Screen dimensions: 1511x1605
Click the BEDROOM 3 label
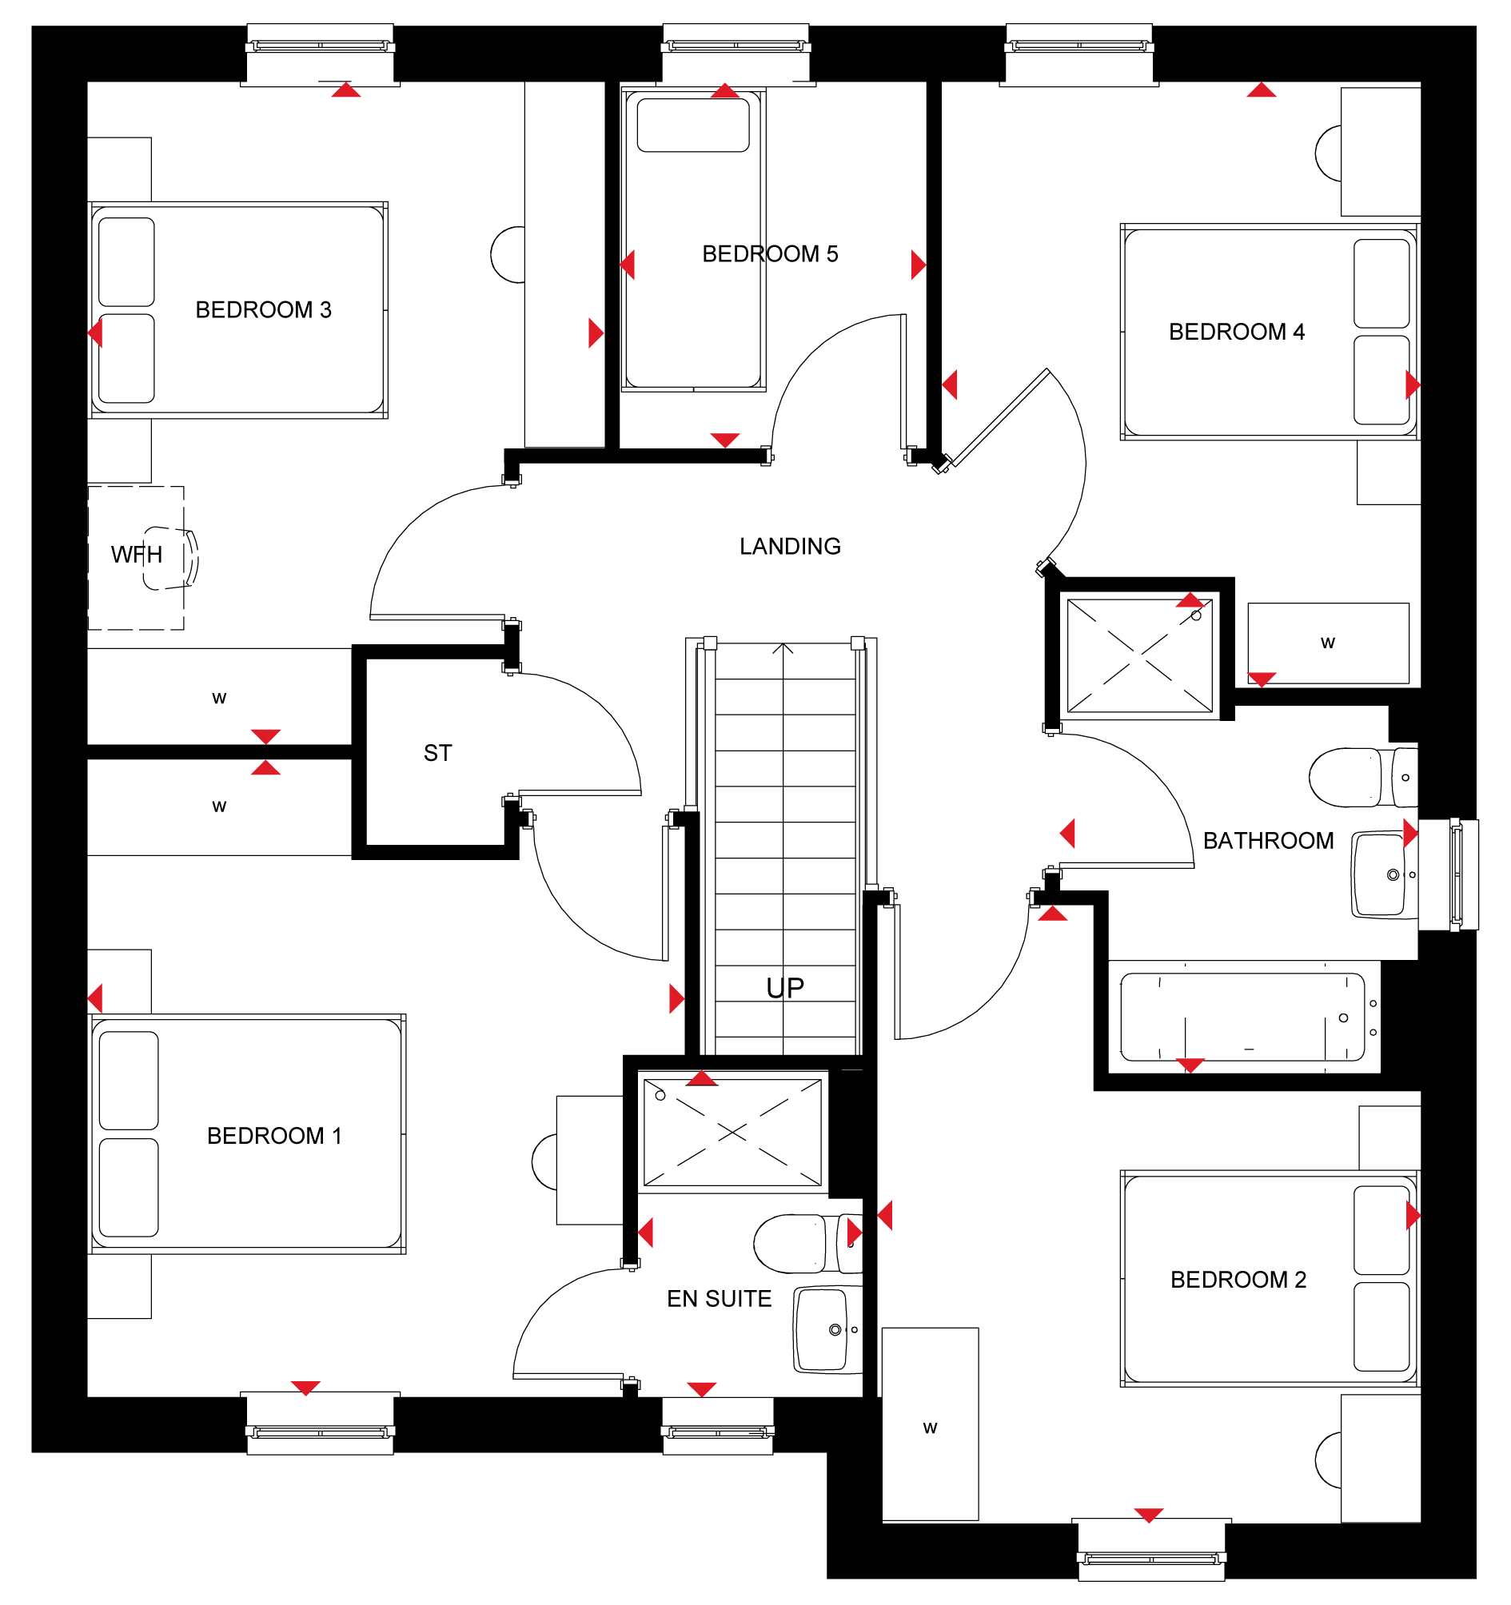pyautogui.click(x=263, y=310)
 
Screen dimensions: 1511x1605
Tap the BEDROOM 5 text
pyautogui.click(x=771, y=254)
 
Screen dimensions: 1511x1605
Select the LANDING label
pyautogui.click(x=790, y=547)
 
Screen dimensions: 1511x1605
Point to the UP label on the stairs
pyautogui.click(x=785, y=988)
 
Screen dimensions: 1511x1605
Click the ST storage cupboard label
pyautogui.click(x=438, y=753)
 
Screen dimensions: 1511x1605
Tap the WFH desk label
pyautogui.click(x=137, y=555)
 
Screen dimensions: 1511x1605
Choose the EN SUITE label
pyautogui.click(x=719, y=1299)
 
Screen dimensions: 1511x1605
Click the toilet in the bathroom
pyautogui.click(x=1363, y=778)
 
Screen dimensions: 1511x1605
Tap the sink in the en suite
pyautogui.click(x=827, y=1330)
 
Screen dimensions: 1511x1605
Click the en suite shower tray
pyautogui.click(x=732, y=1133)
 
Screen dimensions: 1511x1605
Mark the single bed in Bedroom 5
pyautogui.click(x=693, y=240)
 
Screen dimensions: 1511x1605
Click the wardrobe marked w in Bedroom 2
pyautogui.click(x=931, y=1424)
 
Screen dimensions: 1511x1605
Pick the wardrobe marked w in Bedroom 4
pyautogui.click(x=1329, y=643)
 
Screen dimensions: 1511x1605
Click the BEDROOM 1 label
pyautogui.click(x=274, y=1136)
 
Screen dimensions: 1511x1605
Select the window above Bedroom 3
pyautogui.click(x=321, y=54)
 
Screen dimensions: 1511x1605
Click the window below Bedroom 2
pyautogui.click(x=1151, y=1550)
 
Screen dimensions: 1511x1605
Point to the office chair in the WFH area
pyautogui.click(x=171, y=558)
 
